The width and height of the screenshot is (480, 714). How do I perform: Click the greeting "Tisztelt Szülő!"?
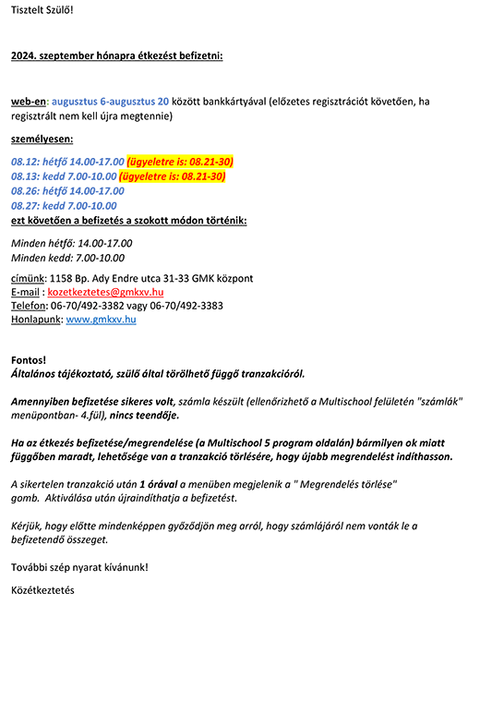pyautogui.click(x=42, y=10)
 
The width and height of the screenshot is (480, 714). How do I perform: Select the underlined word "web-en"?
pyautogui.click(x=29, y=101)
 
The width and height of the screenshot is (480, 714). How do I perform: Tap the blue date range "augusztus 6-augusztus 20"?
pyautogui.click(x=110, y=101)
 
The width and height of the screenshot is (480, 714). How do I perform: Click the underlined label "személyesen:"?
pyautogui.click(x=42, y=139)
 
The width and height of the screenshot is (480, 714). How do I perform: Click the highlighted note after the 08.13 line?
pyautogui.click(x=172, y=176)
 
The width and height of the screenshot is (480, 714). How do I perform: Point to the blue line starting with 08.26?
pyautogui.click(x=67, y=191)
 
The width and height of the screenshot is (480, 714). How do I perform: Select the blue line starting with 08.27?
pyautogui.click(x=64, y=205)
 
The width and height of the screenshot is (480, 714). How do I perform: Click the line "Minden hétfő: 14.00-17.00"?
pyautogui.click(x=71, y=243)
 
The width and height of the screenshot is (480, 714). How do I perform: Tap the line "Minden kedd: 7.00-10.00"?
pyautogui.click(x=67, y=258)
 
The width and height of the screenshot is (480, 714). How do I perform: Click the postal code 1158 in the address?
pyautogui.click(x=59, y=278)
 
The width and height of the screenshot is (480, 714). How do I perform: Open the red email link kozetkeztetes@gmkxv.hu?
pyautogui.click(x=105, y=292)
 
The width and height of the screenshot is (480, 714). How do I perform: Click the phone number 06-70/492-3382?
pyautogui.click(x=87, y=306)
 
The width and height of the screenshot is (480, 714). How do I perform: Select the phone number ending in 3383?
pyautogui.click(x=186, y=306)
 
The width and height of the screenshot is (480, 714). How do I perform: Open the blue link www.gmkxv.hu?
pyautogui.click(x=101, y=320)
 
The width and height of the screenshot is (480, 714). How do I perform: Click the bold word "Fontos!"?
pyautogui.click(x=29, y=360)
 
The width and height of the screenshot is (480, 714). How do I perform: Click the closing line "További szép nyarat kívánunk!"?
pyautogui.click(x=79, y=567)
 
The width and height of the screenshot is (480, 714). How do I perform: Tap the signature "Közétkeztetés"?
pyautogui.click(x=42, y=590)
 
